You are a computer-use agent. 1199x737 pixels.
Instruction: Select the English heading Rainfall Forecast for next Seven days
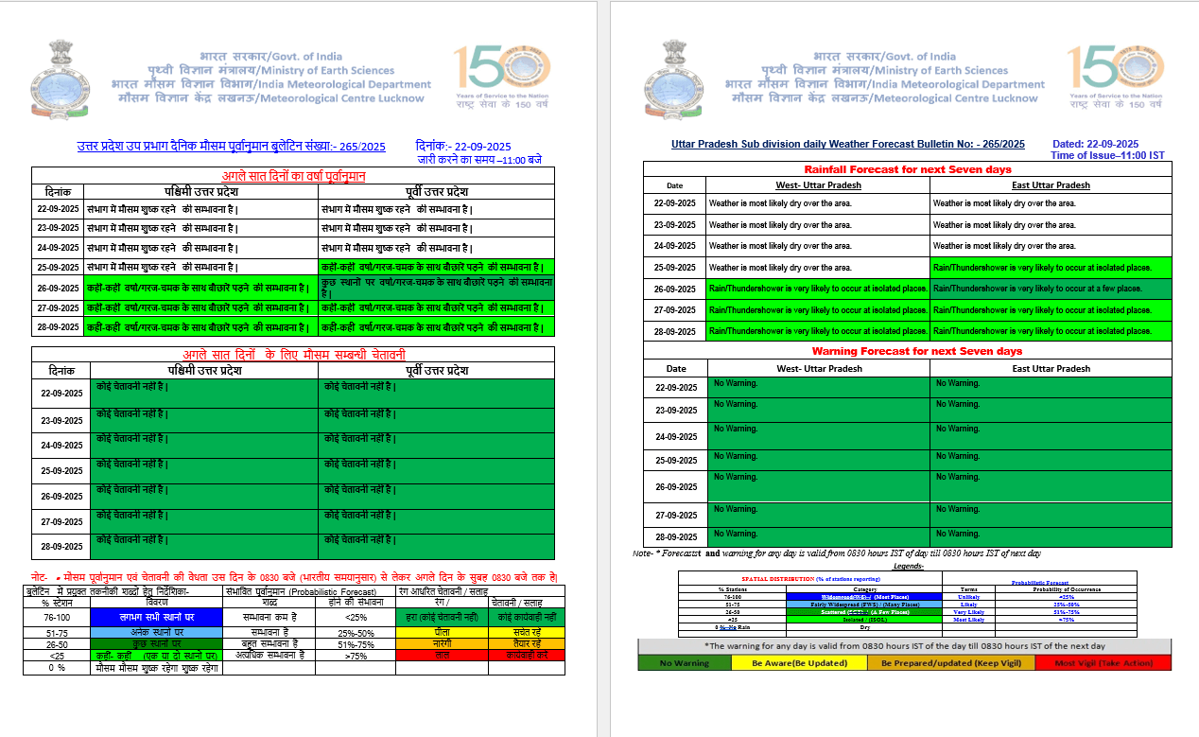908,169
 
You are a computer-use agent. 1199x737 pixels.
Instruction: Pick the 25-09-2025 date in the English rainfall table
674,268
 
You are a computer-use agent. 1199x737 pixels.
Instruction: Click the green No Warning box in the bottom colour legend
685,663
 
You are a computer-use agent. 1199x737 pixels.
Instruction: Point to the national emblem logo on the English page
672,75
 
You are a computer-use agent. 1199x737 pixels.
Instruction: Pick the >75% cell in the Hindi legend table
356,655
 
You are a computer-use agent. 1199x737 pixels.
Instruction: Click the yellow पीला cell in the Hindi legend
441,632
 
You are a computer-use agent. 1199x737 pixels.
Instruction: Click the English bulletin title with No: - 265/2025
847,144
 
